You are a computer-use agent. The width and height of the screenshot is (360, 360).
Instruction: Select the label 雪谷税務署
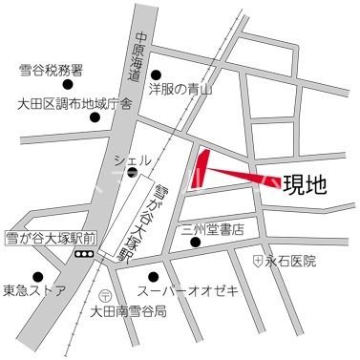(x=51, y=70)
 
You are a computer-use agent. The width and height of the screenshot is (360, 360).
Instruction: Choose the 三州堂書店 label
(x=213, y=229)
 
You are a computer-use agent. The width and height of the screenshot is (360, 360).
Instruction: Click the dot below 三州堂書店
(x=196, y=244)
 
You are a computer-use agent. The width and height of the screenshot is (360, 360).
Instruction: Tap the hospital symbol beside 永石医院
(x=258, y=260)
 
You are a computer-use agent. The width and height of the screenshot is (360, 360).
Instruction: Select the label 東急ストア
(x=33, y=289)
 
